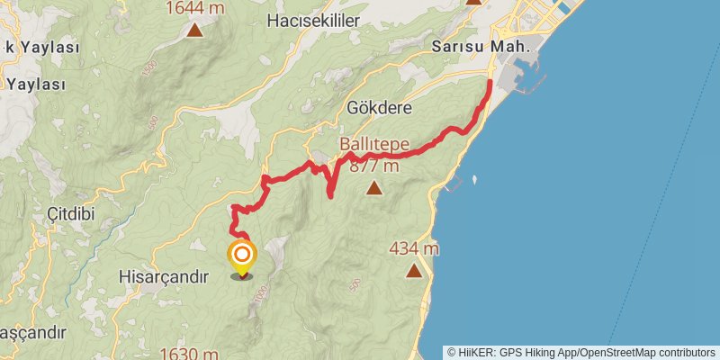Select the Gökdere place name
tap(379, 108)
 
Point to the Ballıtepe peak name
tap(374, 144)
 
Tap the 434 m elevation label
tap(414, 247)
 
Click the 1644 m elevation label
tap(194, 8)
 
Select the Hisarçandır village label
tap(163, 277)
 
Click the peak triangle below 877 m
tap(373, 188)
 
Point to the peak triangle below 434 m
tap(413, 270)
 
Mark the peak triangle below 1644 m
tap(194, 31)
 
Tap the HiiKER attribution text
tap(582, 353)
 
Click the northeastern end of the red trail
tap(490, 83)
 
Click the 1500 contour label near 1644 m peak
tap(148, 68)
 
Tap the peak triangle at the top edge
tap(475, 3)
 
